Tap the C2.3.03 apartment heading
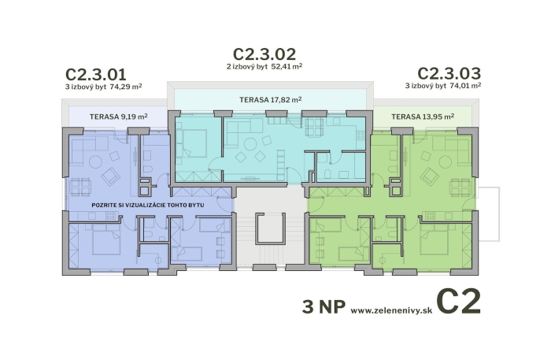(x=449, y=74)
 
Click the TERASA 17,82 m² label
(x=271, y=100)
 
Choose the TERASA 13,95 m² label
(x=422, y=117)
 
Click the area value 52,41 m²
(x=288, y=67)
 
